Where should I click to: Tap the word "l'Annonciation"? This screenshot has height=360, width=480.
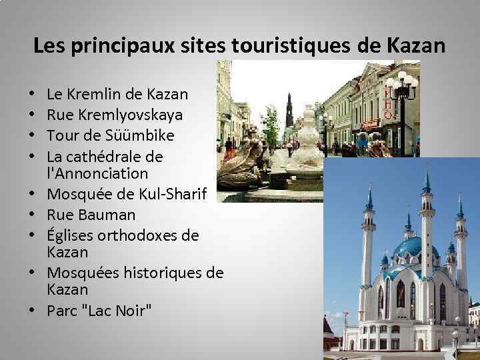[x=97, y=174]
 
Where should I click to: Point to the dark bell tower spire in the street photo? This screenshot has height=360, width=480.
[x=289, y=110]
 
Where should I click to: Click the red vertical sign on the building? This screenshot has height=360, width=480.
[x=387, y=107]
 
